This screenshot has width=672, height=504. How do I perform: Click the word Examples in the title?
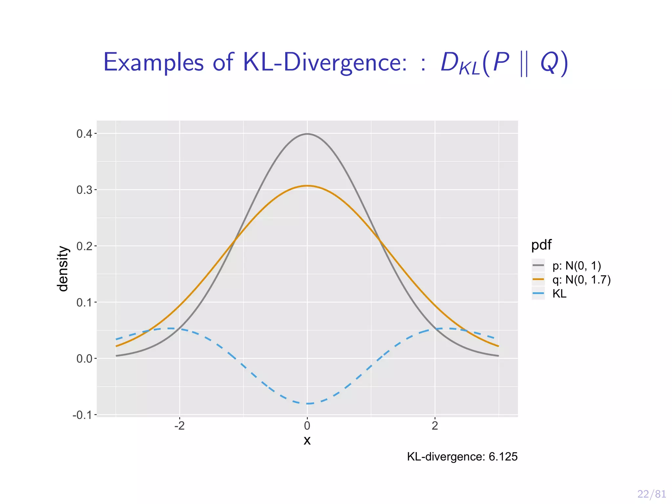pos(153,62)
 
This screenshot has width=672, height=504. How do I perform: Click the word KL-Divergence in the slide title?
pos(325,62)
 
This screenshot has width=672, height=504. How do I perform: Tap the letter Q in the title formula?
pos(549,62)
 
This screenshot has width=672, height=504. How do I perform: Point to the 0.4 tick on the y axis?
pos(84,134)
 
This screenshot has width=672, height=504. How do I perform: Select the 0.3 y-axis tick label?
pos(84,190)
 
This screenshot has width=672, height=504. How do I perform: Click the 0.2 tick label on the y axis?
pos(84,246)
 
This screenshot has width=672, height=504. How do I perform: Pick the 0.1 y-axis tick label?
pos(84,303)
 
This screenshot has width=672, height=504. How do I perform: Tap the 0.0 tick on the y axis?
pos(84,359)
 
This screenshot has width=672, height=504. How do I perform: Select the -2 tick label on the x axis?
pos(179,426)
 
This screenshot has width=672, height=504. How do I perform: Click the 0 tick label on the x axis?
pos(307,426)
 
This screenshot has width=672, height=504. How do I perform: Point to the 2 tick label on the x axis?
pos(435,426)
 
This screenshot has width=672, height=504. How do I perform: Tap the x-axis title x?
pos(307,440)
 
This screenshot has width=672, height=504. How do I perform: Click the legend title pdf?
pos(541,245)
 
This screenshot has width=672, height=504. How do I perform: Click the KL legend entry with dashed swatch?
pos(559,294)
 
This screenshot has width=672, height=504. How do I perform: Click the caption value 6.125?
pos(503,456)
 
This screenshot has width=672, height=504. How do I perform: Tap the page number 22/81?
pos(651,494)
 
